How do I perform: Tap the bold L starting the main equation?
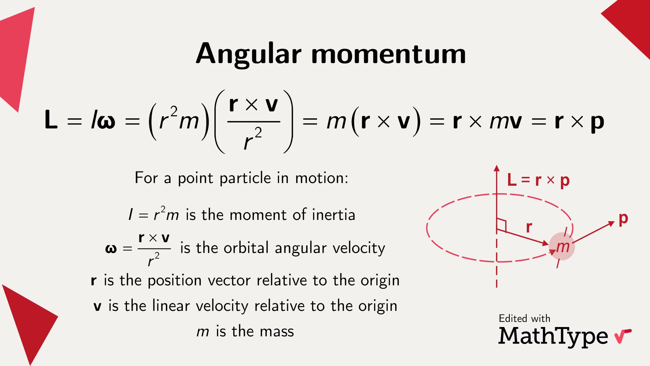point(51,120)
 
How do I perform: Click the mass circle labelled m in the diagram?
point(562,246)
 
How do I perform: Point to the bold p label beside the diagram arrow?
point(623,219)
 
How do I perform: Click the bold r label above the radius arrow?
point(529,227)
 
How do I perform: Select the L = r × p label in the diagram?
point(538,180)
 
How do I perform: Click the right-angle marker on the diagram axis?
point(501,225)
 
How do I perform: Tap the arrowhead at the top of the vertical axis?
point(497,168)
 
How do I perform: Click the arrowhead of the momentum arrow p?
point(611,223)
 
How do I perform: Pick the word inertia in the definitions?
point(333,215)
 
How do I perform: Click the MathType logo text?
point(553,336)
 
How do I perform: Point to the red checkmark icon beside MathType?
point(622,336)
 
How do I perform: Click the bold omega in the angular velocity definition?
point(111,249)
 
